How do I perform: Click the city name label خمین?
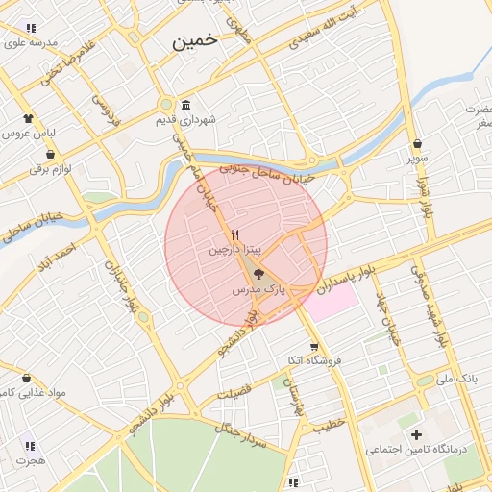195,41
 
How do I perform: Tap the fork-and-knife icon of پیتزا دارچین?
234,234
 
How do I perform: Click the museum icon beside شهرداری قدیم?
184,105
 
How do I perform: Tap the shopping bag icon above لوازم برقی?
49,154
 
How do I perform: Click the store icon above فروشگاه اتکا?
313,347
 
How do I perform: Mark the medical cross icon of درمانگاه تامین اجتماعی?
416,435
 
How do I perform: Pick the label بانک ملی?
456,380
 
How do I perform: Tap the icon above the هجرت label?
30,446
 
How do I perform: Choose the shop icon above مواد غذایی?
25,378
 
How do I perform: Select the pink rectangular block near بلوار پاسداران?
331,301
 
